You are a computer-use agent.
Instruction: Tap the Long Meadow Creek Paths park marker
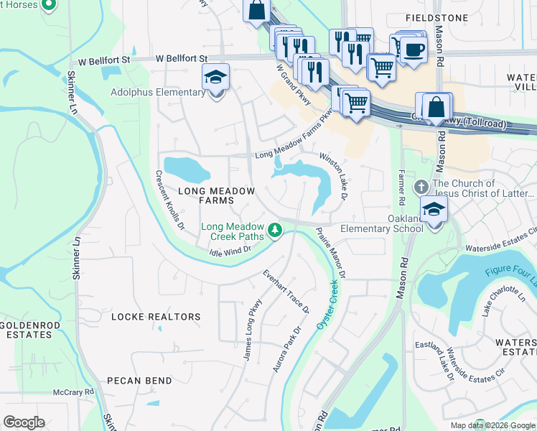coord(274,230)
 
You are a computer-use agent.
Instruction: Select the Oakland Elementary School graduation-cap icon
coord(434,210)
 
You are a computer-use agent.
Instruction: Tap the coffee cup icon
coord(414,50)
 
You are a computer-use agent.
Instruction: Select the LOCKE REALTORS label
coord(156,316)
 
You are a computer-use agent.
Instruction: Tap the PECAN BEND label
coord(139,380)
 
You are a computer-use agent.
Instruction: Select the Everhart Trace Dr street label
coord(285,292)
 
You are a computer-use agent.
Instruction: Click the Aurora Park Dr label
coord(286,349)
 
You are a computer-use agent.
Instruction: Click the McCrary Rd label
coord(74,392)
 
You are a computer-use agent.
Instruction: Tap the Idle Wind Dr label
coord(230,249)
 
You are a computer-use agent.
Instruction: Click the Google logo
coord(24,422)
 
